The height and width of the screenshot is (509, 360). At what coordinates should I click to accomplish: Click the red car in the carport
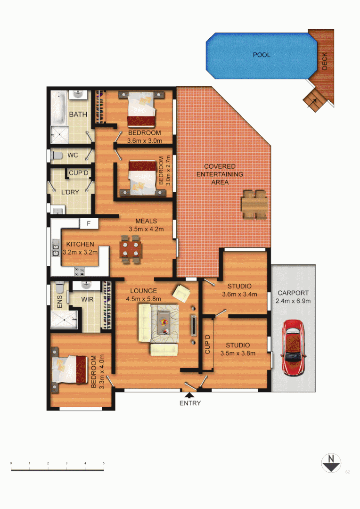[293, 347]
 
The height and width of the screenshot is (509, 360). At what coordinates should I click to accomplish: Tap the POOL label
[262, 55]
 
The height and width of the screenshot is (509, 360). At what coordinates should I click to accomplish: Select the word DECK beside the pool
[325, 61]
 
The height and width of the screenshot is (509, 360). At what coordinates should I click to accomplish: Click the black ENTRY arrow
[190, 395]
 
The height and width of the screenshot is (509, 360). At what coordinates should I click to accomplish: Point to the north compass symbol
[331, 463]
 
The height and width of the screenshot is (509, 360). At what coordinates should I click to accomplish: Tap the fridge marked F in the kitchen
[88, 222]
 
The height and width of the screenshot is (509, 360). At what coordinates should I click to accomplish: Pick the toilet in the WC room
[57, 155]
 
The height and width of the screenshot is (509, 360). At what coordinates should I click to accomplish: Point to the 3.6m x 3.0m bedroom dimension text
[145, 140]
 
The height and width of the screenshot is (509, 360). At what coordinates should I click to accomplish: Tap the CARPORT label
[293, 292]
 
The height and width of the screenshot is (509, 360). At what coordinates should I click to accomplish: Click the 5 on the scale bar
[104, 464]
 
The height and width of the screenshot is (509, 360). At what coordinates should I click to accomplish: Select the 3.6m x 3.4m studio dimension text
[239, 295]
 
